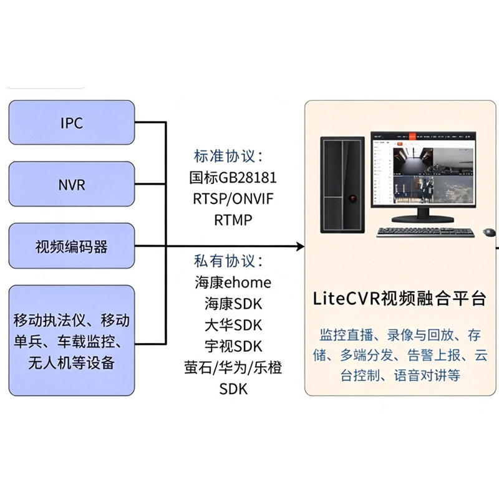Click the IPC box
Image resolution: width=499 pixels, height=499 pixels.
[x=72, y=122]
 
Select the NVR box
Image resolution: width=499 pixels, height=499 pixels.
[x=72, y=184]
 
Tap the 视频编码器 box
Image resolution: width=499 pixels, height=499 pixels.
[x=72, y=246]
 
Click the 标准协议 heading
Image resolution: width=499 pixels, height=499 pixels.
[x=228, y=157]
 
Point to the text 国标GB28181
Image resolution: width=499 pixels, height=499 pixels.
[x=233, y=178]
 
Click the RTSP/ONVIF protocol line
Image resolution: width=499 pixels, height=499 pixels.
[x=233, y=199]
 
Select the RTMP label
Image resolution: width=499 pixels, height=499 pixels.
[x=233, y=220]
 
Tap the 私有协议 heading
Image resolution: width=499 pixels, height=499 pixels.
[x=228, y=261]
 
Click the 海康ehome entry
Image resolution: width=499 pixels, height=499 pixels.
[x=233, y=283]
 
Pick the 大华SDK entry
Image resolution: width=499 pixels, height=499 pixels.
[x=233, y=325]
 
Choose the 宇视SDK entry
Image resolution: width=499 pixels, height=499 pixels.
[x=233, y=346]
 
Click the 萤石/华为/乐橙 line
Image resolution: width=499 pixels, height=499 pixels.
[x=233, y=367]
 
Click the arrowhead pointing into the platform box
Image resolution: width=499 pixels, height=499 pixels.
[x=301, y=246]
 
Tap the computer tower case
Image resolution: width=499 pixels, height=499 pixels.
[x=342, y=185]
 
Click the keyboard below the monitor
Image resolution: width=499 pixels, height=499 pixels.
[x=425, y=232]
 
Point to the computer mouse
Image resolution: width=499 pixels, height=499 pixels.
[x=489, y=232]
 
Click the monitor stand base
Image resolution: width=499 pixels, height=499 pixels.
[x=422, y=219]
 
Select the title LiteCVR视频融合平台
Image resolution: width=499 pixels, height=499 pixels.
[x=400, y=299]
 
